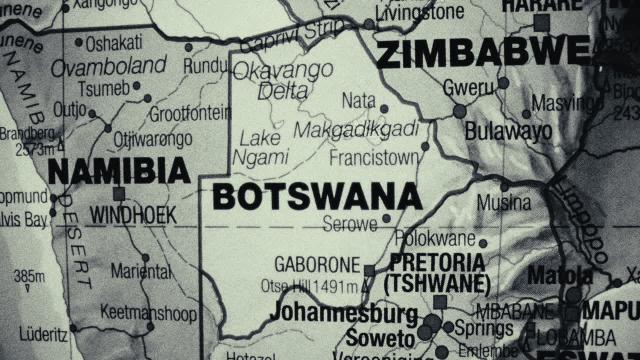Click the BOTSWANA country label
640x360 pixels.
pyautogui.click(x=317, y=196)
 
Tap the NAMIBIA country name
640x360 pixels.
pyautogui.click(x=119, y=171)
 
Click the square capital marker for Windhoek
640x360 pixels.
pyautogui.click(x=118, y=193)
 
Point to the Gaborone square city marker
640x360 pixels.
pyautogui.click(x=369, y=270)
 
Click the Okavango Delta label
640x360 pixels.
pyautogui.click(x=283, y=80)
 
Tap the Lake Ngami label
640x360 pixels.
pyautogui.click(x=260, y=148)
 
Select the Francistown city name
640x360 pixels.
pyautogui.click(x=374, y=158)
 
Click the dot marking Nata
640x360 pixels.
pyautogui.click(x=384, y=108)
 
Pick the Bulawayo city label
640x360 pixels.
pyautogui.click(x=508, y=132)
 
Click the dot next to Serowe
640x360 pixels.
pyautogui.click(x=386, y=218)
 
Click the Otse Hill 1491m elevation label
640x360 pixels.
pyautogui.click(x=310, y=286)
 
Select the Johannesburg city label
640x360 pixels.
pyautogui.click(x=343, y=313)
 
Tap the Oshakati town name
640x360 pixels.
pyautogui.click(x=114, y=43)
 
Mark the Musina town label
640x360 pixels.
pyautogui.click(x=503, y=203)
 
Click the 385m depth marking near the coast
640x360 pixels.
pyautogui.click(x=29, y=276)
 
